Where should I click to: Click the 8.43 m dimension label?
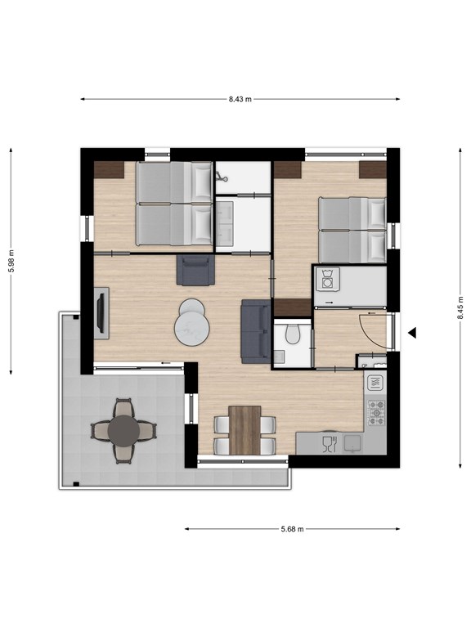(x=240, y=99)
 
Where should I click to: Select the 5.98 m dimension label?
(x=11, y=262)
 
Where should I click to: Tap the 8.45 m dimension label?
(x=460, y=307)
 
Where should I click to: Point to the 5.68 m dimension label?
(x=291, y=529)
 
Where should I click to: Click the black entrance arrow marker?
(x=413, y=333)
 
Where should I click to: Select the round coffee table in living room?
(x=192, y=324)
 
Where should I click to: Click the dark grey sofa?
(x=254, y=330)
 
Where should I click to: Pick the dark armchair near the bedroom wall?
(x=195, y=270)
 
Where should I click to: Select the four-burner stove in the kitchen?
(x=376, y=411)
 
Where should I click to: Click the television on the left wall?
(x=101, y=313)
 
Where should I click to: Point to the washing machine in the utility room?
(x=327, y=280)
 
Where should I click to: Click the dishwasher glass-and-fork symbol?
(x=329, y=444)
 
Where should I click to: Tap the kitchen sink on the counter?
(x=354, y=442)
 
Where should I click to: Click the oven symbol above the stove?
(x=376, y=382)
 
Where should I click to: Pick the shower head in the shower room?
(x=220, y=174)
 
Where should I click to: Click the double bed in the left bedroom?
(x=173, y=204)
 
